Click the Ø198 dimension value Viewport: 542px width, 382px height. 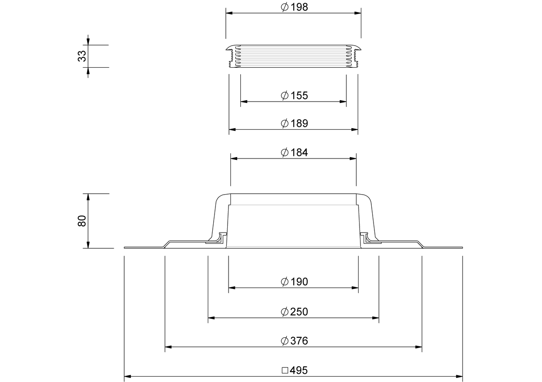click(294, 8)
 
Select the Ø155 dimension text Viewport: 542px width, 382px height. click(294, 95)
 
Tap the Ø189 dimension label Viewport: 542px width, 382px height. click(294, 123)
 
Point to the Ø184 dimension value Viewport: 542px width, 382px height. click(294, 152)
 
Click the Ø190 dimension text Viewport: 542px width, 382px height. click(294, 282)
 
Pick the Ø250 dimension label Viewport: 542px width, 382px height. click(294, 312)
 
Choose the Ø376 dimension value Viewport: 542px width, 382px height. click(294, 340)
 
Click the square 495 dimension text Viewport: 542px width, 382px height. click(294, 370)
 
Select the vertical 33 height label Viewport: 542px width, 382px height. click(82, 56)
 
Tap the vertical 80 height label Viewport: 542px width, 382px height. click(82, 221)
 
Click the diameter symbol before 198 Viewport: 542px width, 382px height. click(285, 8)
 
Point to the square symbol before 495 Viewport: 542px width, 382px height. click(285, 370)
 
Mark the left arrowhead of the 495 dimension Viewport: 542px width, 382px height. click(127, 376)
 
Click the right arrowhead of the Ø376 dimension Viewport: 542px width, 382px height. click(419, 347)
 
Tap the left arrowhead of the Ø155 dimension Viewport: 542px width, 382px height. click(243, 102)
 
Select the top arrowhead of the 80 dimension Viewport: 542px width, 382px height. click(88, 196)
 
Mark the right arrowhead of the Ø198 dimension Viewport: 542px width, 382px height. click(358, 14)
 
